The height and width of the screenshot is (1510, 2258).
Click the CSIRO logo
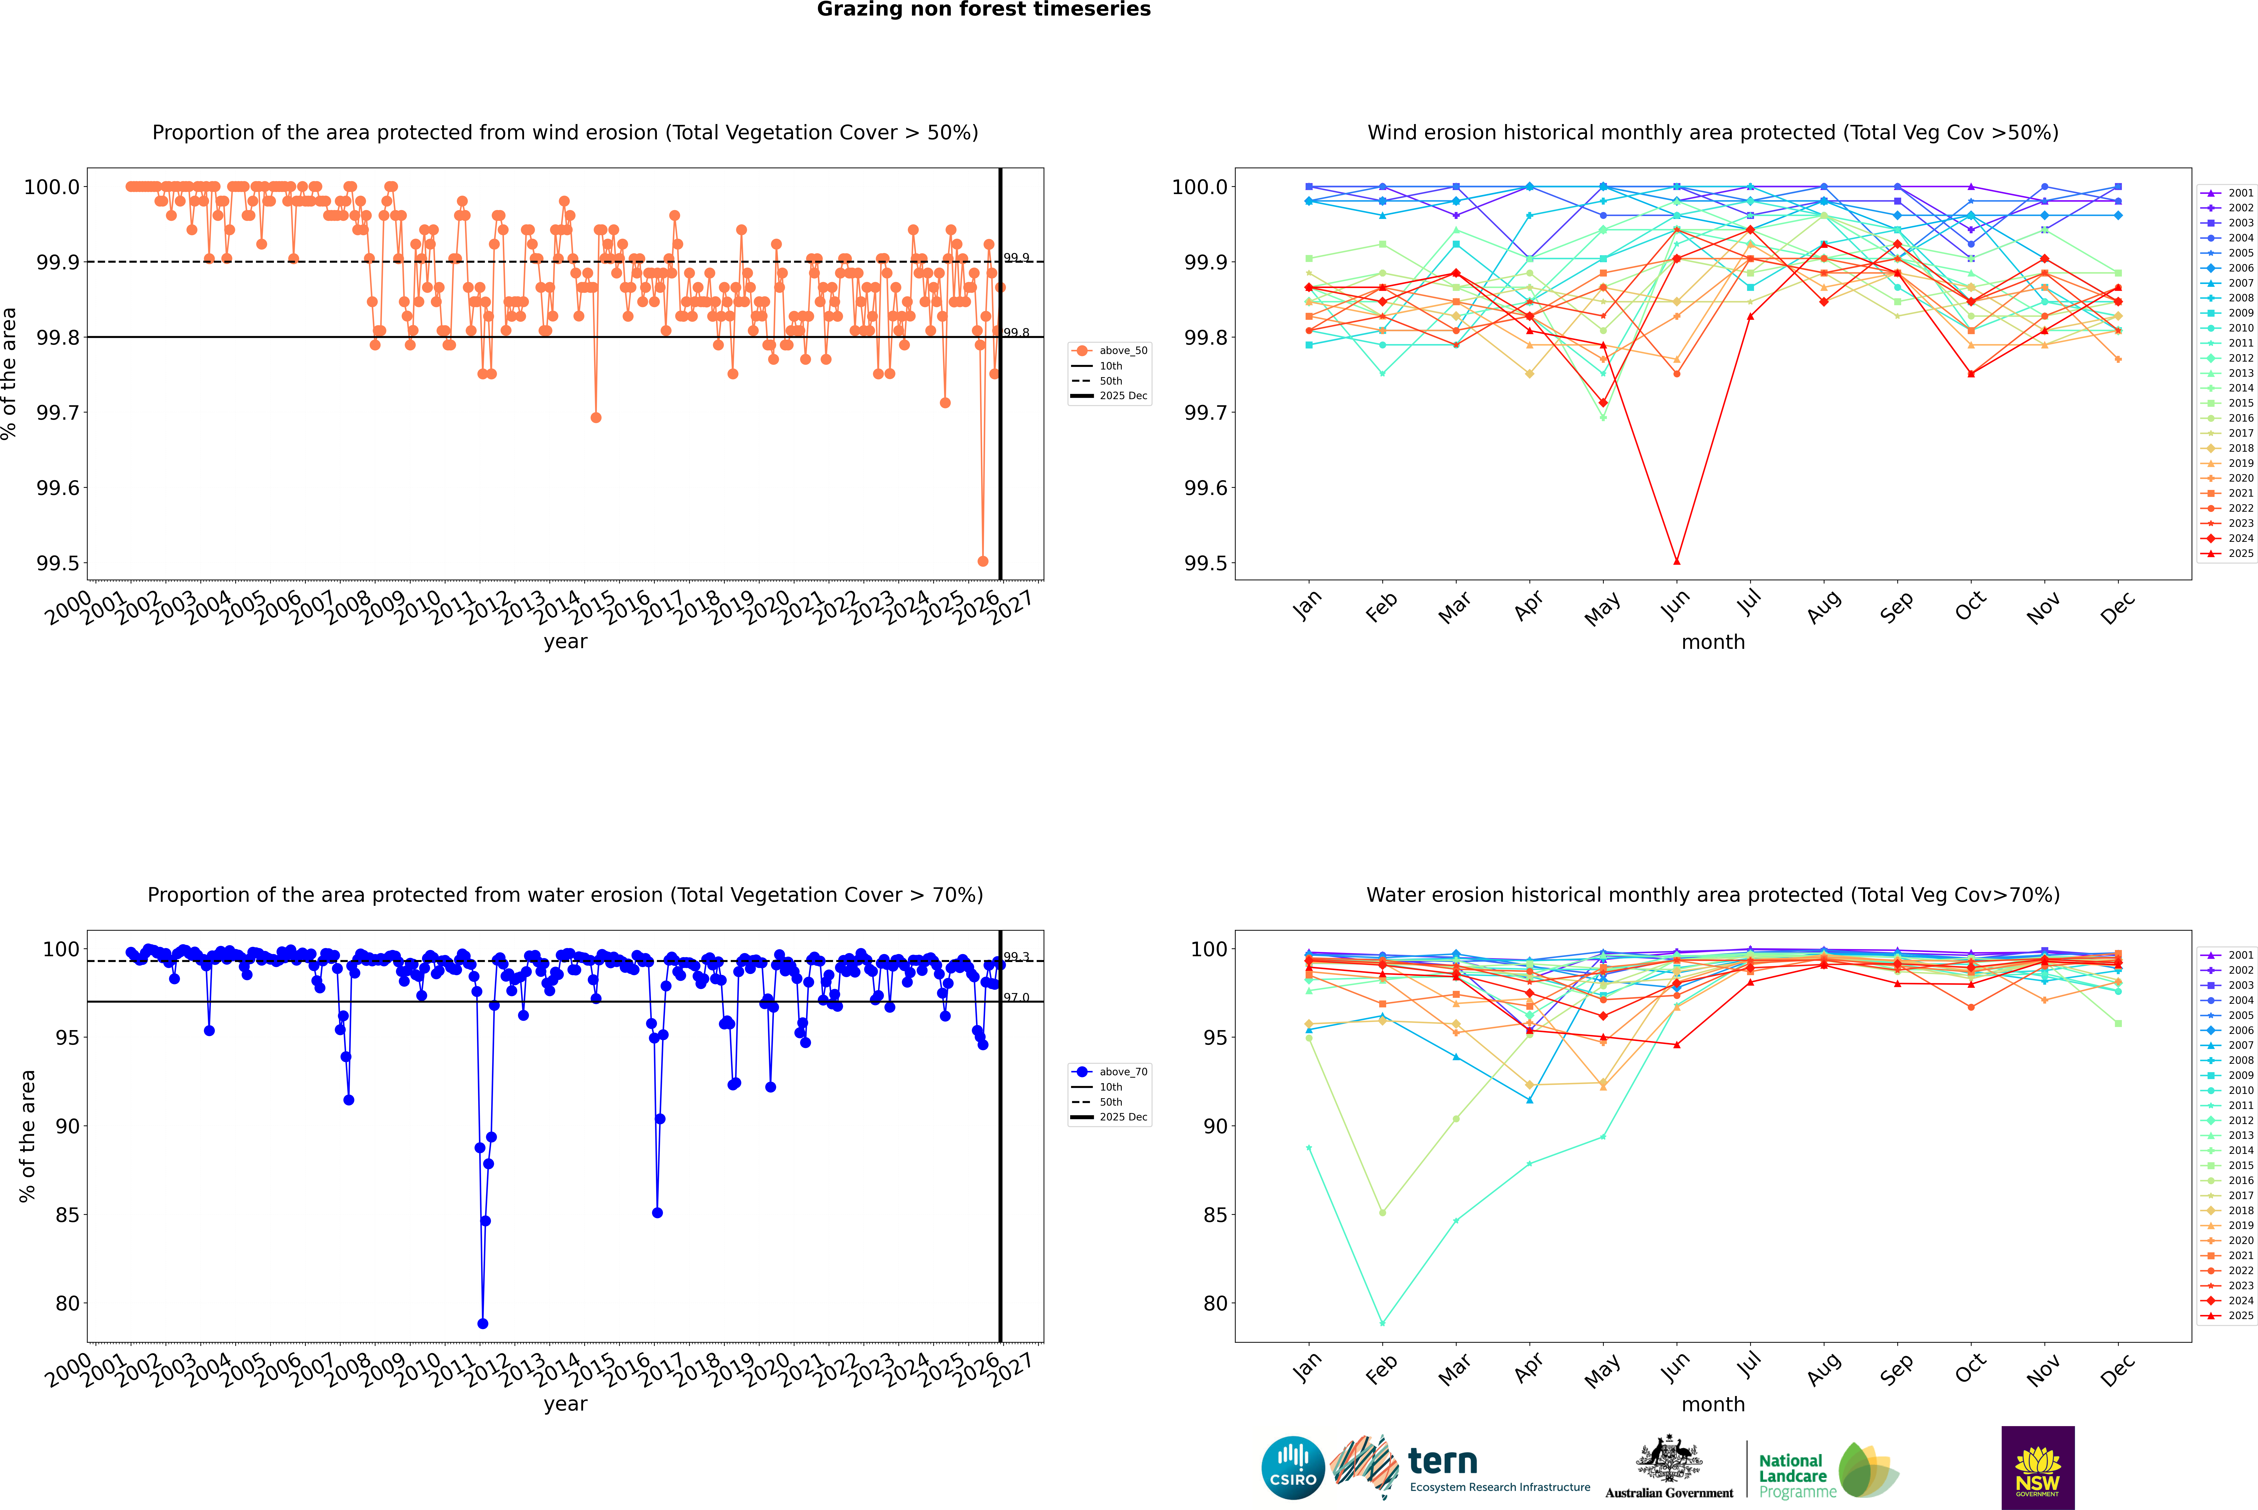coord(1293,1468)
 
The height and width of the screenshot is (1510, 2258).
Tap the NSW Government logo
coord(2038,1468)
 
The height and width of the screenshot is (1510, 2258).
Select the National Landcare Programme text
coord(1792,1476)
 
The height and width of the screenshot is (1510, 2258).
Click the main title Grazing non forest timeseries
coord(984,10)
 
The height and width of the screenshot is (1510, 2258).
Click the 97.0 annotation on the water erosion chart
coord(1016,998)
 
